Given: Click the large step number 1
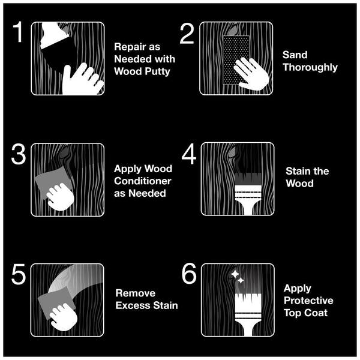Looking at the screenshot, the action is [x=18, y=32].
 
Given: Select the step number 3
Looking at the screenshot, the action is [x=19, y=154].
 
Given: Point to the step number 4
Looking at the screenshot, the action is [x=189, y=154].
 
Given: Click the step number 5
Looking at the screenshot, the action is [x=19, y=274].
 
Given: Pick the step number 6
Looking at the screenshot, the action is [x=189, y=274].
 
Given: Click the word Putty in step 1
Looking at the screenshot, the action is [x=158, y=72].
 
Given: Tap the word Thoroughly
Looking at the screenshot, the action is [x=310, y=67].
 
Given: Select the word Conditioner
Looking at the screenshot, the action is [x=143, y=181].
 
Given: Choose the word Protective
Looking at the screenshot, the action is [x=308, y=301].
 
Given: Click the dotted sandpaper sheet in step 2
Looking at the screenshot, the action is [x=236, y=60].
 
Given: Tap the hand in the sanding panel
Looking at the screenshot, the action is [x=251, y=73].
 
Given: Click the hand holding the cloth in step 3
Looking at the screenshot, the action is [x=60, y=197].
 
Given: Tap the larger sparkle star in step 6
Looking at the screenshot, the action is [x=235, y=274].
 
